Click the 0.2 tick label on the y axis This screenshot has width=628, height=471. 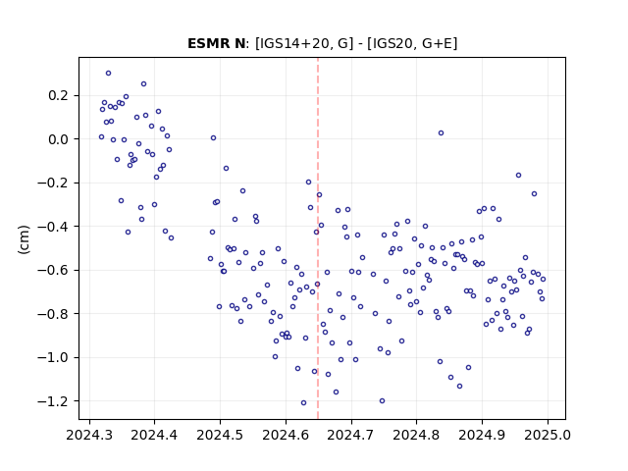tap(59, 96)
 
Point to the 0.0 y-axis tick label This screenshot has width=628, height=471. tap(59, 139)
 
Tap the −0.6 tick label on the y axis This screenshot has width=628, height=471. tap(53, 271)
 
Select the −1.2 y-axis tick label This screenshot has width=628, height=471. tap(53, 401)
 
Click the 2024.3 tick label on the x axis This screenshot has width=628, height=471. tap(89, 435)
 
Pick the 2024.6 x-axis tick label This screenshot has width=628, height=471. tap(286, 435)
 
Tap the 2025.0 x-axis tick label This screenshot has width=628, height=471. tap(548, 435)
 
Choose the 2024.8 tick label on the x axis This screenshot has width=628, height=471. tap(416, 435)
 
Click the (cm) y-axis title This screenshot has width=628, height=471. tap(24, 239)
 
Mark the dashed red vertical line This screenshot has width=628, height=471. tap(318, 238)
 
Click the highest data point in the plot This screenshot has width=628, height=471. tap(109, 74)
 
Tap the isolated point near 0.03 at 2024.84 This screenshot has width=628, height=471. tap(441, 133)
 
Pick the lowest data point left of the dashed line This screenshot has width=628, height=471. tap(303, 403)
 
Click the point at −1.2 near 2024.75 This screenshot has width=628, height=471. tap(382, 401)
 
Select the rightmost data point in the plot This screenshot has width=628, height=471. tap(543, 279)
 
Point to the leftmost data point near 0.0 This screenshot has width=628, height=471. tap(101, 137)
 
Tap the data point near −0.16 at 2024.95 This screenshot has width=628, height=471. tap(519, 175)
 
